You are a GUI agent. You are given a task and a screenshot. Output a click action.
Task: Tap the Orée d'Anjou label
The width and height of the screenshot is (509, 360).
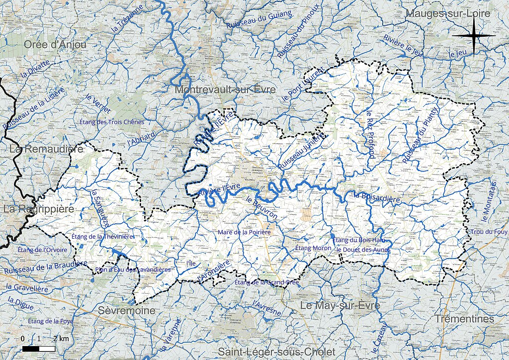pos(55,45)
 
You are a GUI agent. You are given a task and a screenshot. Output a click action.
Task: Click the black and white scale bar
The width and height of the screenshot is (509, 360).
pos(39,349)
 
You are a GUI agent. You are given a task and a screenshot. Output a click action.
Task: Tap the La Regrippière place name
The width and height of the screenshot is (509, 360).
pos(38,209)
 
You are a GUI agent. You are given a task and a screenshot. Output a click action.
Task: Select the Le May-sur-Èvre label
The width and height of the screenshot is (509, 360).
pos(339,305)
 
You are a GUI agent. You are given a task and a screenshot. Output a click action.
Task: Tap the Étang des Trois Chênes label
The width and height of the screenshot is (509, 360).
pos(112,122)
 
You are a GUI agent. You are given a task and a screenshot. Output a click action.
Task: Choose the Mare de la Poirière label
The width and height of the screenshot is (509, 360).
pos(244,232)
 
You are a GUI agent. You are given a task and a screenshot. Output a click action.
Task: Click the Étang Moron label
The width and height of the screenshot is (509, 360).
pos(310,248)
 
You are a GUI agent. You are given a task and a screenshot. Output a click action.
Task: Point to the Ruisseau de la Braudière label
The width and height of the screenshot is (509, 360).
pos(45,267)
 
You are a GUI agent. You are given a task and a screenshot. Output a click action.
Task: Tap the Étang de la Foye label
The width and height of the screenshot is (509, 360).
pos(50,321)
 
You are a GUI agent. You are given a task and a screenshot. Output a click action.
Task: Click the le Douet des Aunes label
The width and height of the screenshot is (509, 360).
pos(363,249)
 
